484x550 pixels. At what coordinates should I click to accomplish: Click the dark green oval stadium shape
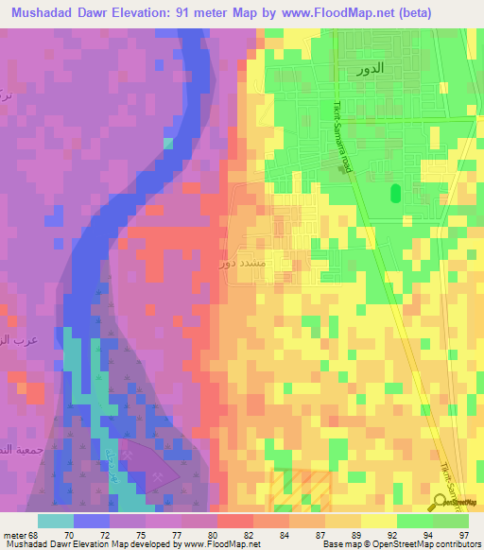[x=395, y=194]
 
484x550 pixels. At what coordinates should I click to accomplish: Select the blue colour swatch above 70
[x=92, y=521]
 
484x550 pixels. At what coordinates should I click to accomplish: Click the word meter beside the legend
[x=15, y=534]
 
